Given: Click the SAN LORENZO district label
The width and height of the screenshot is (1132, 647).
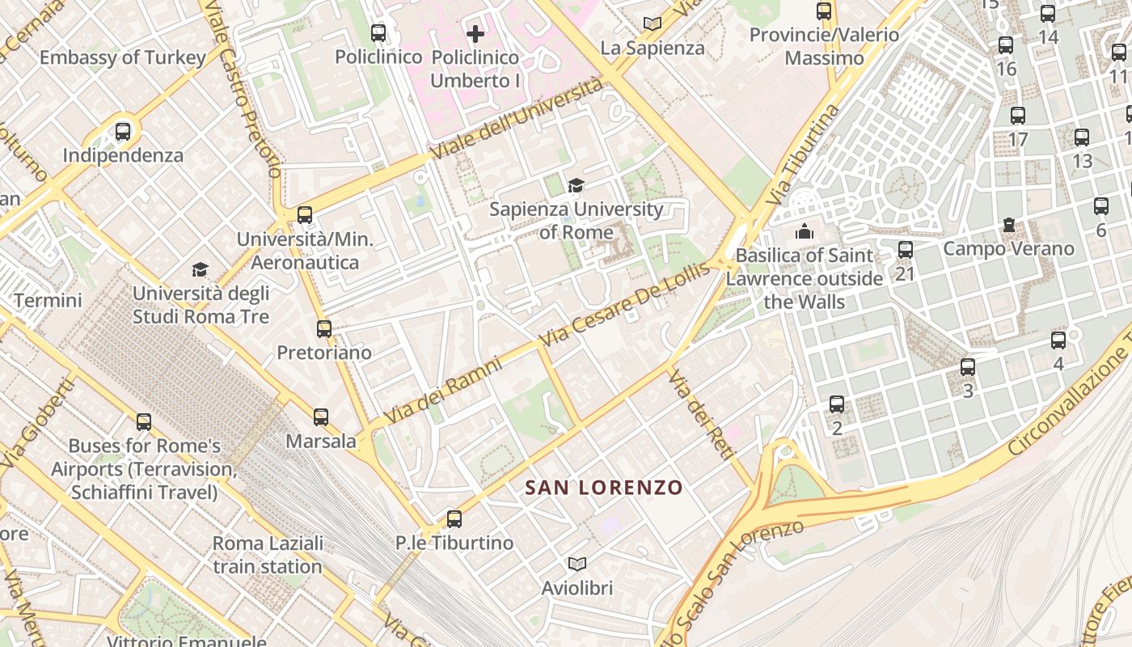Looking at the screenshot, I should [x=604, y=488].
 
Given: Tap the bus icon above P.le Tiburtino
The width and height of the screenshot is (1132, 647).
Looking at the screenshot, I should [x=454, y=518].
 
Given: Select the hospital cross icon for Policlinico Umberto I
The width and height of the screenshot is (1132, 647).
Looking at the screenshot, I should [x=475, y=34].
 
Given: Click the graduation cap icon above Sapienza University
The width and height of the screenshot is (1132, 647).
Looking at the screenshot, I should [x=576, y=186].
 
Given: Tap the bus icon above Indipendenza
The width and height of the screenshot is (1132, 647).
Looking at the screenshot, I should [x=123, y=131].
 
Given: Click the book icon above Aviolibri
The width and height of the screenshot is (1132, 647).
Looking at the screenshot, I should [x=577, y=564].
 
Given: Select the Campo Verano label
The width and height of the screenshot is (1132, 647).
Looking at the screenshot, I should [x=1008, y=248].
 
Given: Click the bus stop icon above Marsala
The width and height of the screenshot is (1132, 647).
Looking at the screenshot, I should [x=321, y=417].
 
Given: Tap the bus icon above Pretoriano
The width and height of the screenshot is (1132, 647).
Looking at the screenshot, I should [x=324, y=329].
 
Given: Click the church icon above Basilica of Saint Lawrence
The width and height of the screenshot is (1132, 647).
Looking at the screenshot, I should [x=804, y=232].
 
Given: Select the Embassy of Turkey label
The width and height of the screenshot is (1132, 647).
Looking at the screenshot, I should [x=123, y=58].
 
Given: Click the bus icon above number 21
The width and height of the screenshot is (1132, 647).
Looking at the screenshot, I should [x=906, y=250].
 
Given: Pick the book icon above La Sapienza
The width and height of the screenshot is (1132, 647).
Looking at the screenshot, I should [x=653, y=24].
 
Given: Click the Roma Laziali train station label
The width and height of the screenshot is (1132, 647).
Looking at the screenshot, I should [x=268, y=554].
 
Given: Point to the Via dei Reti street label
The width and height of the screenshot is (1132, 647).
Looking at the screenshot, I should [x=701, y=414].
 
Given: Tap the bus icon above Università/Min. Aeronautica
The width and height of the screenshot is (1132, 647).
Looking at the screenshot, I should [x=305, y=215].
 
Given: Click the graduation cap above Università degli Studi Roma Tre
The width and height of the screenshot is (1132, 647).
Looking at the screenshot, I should [x=200, y=269].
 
